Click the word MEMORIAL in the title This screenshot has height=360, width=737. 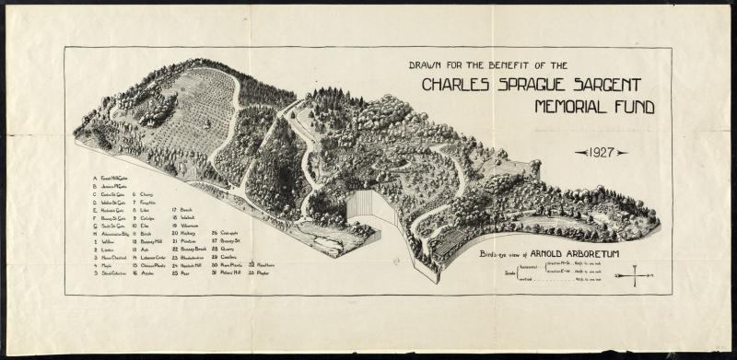click(571, 107)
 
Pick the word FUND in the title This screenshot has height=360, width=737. click(635, 107)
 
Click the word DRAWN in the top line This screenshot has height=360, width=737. click(427, 65)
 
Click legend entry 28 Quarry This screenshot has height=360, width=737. click(223, 249)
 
